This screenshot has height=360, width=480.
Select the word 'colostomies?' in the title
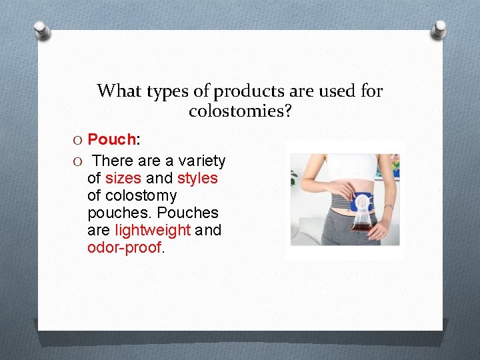(x=240, y=111)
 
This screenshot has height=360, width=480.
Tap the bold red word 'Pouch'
(x=112, y=139)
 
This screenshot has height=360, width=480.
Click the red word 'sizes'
(x=123, y=179)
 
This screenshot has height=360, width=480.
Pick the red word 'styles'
(x=197, y=179)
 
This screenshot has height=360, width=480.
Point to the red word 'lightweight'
(x=153, y=231)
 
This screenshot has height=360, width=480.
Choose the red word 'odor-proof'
(x=125, y=248)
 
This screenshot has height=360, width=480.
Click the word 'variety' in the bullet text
(x=202, y=161)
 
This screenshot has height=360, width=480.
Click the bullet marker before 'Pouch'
(x=79, y=140)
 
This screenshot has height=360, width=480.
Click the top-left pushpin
(x=41, y=29)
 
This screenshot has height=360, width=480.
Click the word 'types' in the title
(x=159, y=91)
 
